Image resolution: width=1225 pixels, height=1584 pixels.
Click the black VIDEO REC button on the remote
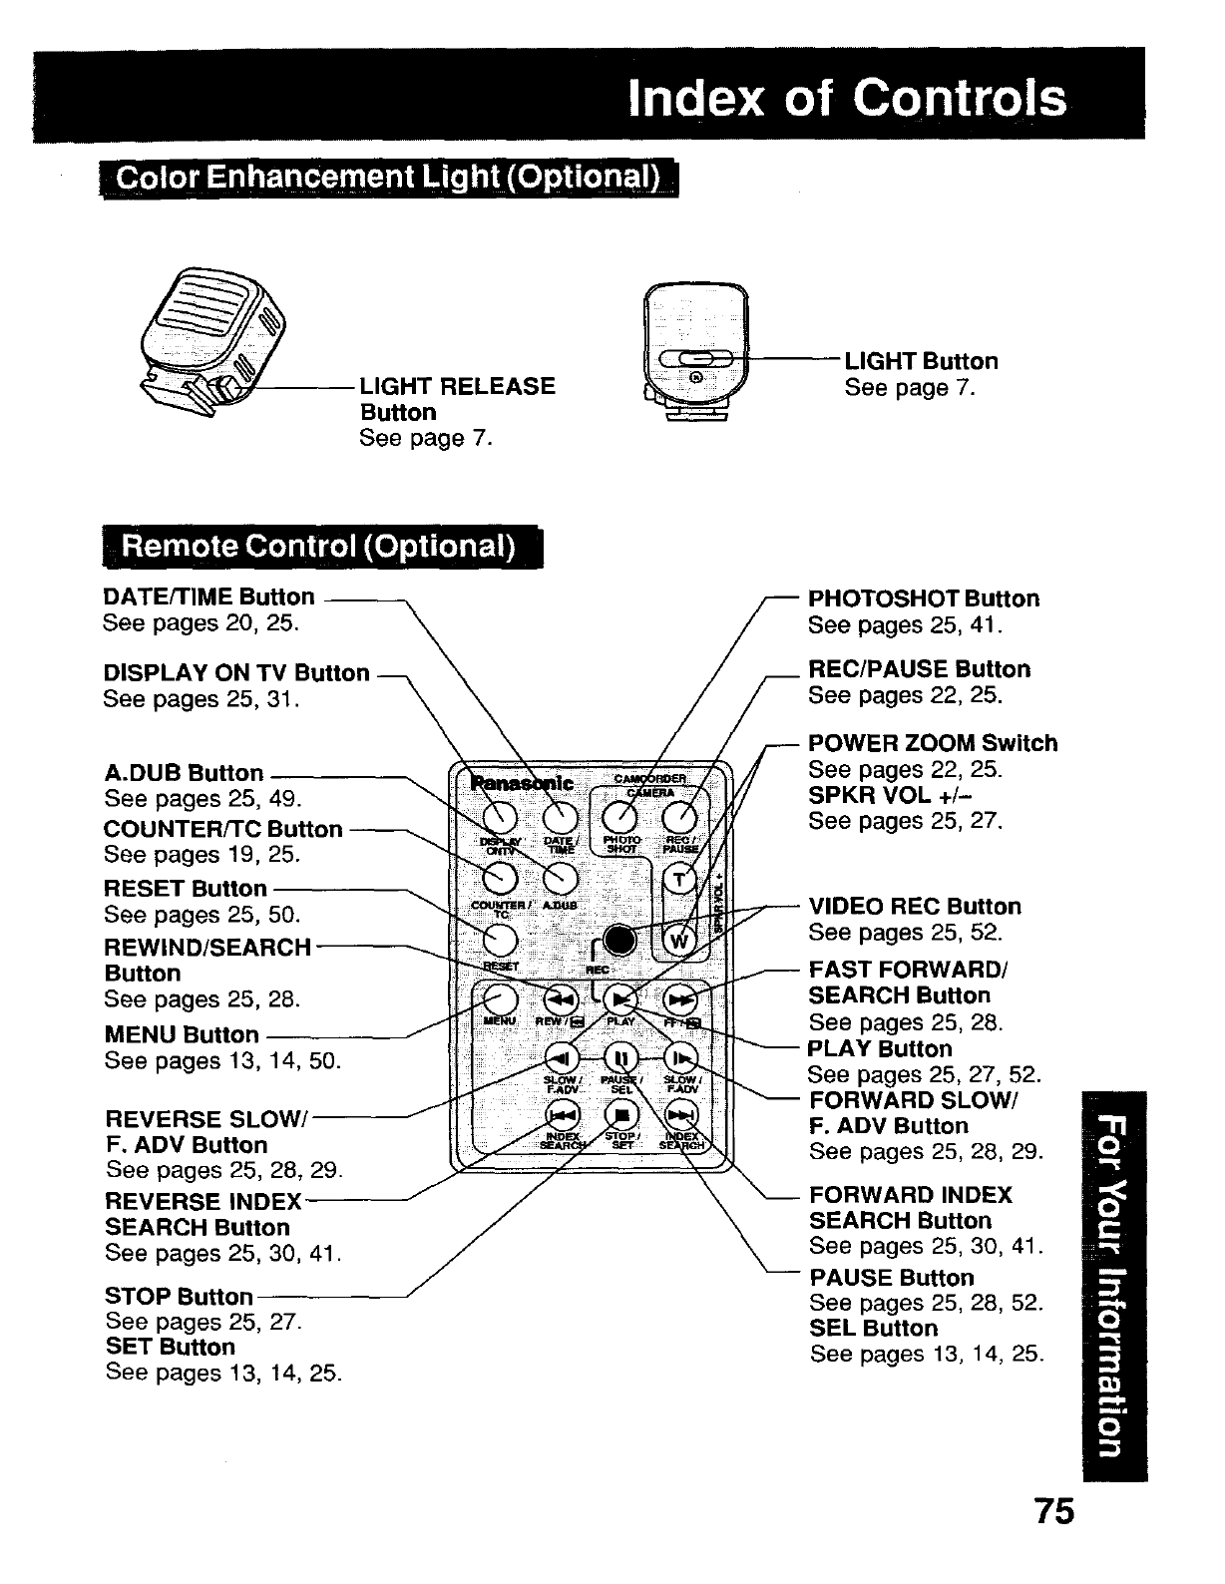[619, 940]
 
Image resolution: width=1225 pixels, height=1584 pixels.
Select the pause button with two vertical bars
[619, 1058]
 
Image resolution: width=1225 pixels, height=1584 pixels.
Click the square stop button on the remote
[620, 1116]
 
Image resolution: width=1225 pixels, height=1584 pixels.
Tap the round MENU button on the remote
[500, 999]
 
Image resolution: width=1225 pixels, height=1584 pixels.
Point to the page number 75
[1053, 1512]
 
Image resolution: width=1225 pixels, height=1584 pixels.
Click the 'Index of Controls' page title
[847, 99]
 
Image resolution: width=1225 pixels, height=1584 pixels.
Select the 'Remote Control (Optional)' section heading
[317, 548]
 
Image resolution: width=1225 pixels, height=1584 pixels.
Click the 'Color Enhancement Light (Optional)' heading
[387, 179]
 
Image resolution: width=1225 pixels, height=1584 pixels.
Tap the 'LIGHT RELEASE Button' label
[457, 398]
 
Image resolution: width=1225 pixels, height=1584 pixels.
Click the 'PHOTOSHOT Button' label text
[923, 598]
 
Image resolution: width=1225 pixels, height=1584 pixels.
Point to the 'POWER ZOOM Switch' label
[932, 743]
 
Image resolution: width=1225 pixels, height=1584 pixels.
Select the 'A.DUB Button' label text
[184, 773]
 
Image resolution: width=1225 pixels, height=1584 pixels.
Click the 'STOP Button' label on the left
[179, 1296]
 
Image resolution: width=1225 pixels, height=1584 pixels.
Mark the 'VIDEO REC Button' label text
[915, 907]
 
